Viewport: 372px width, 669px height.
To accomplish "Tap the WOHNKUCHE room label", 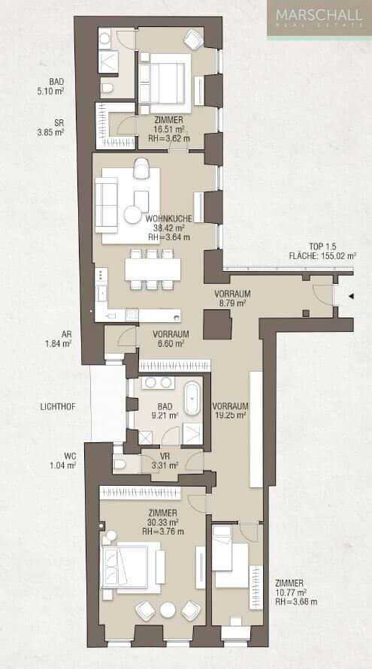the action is tap(169, 218).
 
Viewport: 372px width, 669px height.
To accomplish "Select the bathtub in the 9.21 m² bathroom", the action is tap(192, 398).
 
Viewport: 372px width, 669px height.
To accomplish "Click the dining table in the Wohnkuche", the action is tap(153, 270).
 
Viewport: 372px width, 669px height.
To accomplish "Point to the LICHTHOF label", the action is tap(58, 407).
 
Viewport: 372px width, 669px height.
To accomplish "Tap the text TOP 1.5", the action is tap(322, 246).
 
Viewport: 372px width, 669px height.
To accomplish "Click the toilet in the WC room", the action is tap(120, 463).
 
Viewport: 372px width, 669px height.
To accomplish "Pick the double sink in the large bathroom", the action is tap(158, 383).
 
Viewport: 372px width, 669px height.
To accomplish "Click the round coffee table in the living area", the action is tap(132, 215).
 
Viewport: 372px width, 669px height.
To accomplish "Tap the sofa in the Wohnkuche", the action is tap(107, 205).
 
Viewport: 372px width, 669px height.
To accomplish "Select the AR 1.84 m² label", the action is tap(58, 339).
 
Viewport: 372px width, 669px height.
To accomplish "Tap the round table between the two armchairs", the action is tap(168, 610).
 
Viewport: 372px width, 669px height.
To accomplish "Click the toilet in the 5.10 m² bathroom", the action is tap(107, 88).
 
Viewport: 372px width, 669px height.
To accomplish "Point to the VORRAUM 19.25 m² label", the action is tap(230, 410).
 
